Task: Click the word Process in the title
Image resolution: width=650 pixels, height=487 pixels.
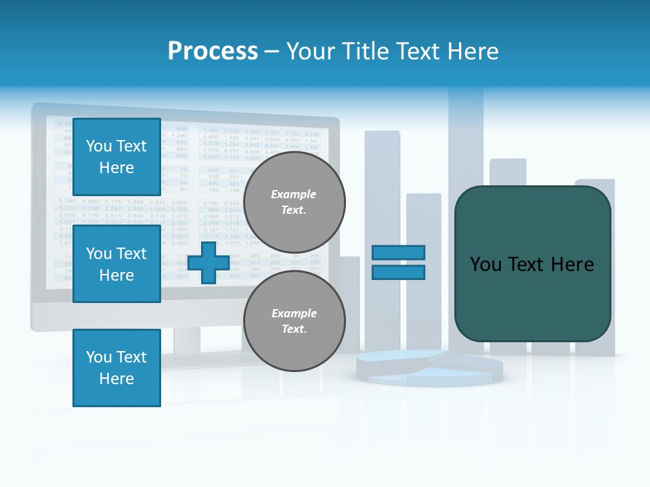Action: tap(213, 51)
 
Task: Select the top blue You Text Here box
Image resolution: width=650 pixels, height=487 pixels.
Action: tap(116, 157)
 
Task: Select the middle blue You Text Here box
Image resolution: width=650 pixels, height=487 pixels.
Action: tap(116, 264)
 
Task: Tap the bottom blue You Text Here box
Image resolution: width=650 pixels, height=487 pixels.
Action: tap(116, 368)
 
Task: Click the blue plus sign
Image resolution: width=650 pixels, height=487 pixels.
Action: tap(209, 262)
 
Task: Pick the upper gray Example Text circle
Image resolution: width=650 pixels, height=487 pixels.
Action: tap(294, 202)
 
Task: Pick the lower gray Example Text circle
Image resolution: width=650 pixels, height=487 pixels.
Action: tap(294, 321)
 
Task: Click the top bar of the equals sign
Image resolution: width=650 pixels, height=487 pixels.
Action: tap(398, 252)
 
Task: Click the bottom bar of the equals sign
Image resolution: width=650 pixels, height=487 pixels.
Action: tap(398, 272)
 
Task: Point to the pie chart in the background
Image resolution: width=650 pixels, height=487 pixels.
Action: tap(429, 368)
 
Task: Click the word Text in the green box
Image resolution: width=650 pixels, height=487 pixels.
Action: tap(531, 264)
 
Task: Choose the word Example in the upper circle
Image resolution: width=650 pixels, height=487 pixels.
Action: tap(294, 194)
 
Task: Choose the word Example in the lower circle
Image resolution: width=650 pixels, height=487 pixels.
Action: tap(294, 313)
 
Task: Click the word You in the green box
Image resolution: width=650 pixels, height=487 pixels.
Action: tap(486, 264)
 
